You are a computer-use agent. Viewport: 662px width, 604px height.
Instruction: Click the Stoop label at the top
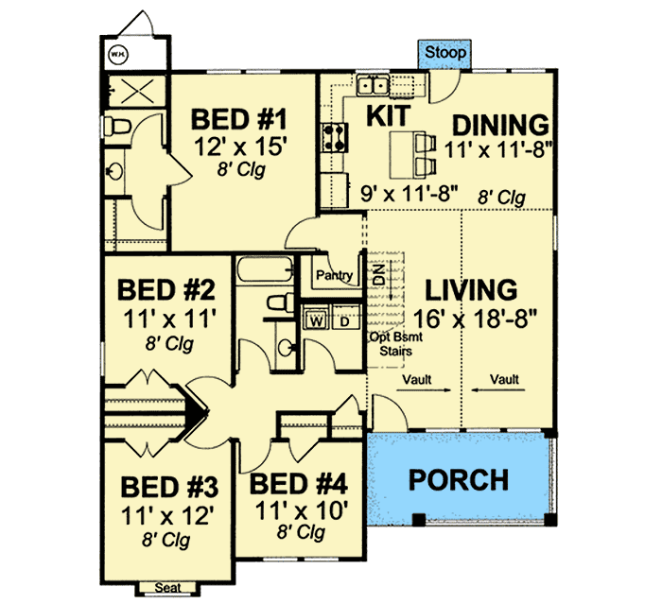pos(444,53)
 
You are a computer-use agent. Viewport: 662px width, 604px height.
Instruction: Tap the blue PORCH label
pos(459,479)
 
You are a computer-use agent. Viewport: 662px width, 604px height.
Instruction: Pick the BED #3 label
pos(170,489)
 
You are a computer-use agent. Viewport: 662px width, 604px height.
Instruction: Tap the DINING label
pos(499,124)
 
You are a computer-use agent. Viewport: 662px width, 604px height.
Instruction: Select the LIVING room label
pos(470,289)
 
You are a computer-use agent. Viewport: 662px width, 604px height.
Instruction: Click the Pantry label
pos(336,276)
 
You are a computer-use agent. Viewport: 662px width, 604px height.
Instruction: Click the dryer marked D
pos(345,320)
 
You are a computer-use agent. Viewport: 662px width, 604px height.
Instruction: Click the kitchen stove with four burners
pos(332,139)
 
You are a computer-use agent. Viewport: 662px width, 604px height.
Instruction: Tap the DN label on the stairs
pos(378,277)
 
